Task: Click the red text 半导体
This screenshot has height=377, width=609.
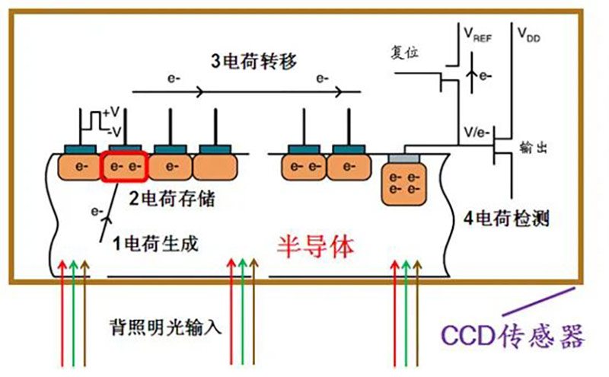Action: click(315, 245)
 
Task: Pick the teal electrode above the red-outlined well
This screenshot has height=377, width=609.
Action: click(123, 148)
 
